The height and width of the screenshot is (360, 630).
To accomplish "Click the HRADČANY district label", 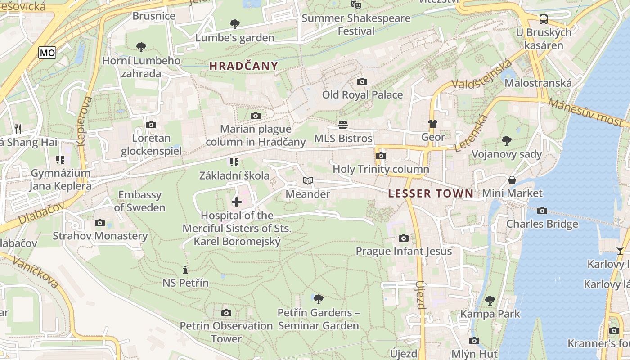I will click(x=244, y=66).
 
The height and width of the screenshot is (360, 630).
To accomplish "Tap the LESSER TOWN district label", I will click(x=431, y=194).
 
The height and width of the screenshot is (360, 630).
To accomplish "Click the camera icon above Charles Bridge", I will click(x=542, y=211).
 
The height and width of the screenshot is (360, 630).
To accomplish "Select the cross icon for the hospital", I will click(x=236, y=202).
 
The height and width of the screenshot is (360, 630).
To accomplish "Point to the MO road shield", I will click(x=47, y=53).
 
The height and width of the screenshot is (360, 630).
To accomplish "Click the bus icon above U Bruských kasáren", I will click(x=544, y=19).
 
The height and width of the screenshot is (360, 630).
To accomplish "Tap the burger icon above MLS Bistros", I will click(x=343, y=125).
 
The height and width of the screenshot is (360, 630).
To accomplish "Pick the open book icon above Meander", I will click(x=308, y=181).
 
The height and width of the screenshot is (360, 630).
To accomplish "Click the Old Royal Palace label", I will click(x=362, y=95).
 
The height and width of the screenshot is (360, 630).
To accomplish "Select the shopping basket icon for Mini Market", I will click(x=512, y=180).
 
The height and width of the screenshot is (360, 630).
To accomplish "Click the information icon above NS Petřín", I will click(x=185, y=270).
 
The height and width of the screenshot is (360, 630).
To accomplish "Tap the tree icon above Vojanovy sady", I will click(x=507, y=141).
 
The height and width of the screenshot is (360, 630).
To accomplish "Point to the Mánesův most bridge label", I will click(x=588, y=112).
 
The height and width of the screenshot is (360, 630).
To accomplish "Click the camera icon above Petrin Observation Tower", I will click(x=226, y=313).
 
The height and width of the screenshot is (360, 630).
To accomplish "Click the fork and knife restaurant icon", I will click(x=18, y=129).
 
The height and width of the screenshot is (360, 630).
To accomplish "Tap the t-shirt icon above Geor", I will click(x=433, y=124).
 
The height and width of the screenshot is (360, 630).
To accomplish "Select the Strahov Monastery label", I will click(x=100, y=236).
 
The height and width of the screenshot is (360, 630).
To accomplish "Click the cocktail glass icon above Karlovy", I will click(x=620, y=251).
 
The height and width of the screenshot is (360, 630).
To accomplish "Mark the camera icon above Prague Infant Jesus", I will click(x=404, y=238).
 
